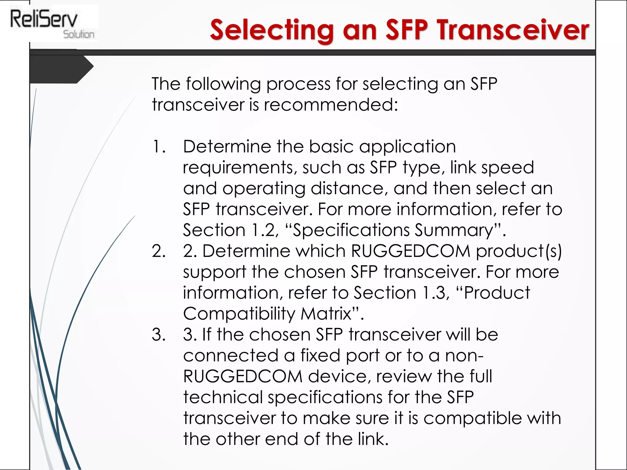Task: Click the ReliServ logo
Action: [x=52, y=23]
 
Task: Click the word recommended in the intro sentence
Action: [x=331, y=105]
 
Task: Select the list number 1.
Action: [x=159, y=147]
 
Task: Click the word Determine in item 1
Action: [x=227, y=147]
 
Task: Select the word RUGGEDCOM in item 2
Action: [x=410, y=251]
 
